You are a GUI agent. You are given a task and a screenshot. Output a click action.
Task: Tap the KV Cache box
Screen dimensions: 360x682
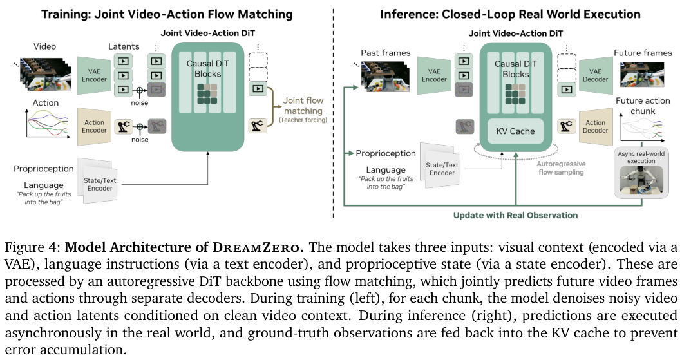pos(515,131)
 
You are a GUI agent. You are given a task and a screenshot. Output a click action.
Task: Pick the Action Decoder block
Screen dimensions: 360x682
pos(595,126)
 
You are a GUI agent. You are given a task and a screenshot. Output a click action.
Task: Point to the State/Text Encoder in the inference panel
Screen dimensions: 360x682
pos(441,169)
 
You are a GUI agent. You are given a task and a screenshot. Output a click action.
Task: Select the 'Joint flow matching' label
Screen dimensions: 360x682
pos(303,106)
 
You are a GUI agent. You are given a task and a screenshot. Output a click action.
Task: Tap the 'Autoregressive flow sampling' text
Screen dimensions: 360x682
pos(561,168)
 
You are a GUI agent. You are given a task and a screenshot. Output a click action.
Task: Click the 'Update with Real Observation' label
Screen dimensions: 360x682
pos(515,215)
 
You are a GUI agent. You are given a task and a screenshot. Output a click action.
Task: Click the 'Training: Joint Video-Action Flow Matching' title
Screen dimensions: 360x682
pos(167,14)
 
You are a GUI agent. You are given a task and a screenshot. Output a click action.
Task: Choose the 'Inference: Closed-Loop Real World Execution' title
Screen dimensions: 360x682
pos(511,14)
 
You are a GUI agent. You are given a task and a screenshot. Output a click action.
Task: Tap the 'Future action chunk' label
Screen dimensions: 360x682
pos(643,106)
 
